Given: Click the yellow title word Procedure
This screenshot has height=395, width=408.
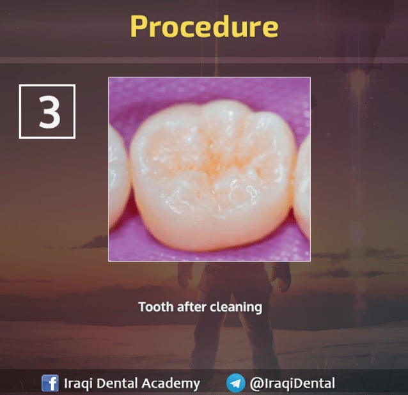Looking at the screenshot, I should (204, 26).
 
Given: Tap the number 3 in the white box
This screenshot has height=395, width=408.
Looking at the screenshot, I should (47, 111).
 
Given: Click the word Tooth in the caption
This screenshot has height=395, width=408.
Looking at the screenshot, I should (155, 307).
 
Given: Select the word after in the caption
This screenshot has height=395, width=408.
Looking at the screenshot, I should (191, 307).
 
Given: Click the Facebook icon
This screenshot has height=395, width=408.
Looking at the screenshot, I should (50, 383).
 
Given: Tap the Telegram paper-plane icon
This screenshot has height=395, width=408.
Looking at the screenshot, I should (235, 383).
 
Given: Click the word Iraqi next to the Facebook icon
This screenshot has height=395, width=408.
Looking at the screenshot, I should (79, 383).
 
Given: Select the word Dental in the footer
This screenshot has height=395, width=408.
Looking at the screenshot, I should (122, 383).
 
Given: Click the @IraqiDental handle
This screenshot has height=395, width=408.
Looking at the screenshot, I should (292, 383).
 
